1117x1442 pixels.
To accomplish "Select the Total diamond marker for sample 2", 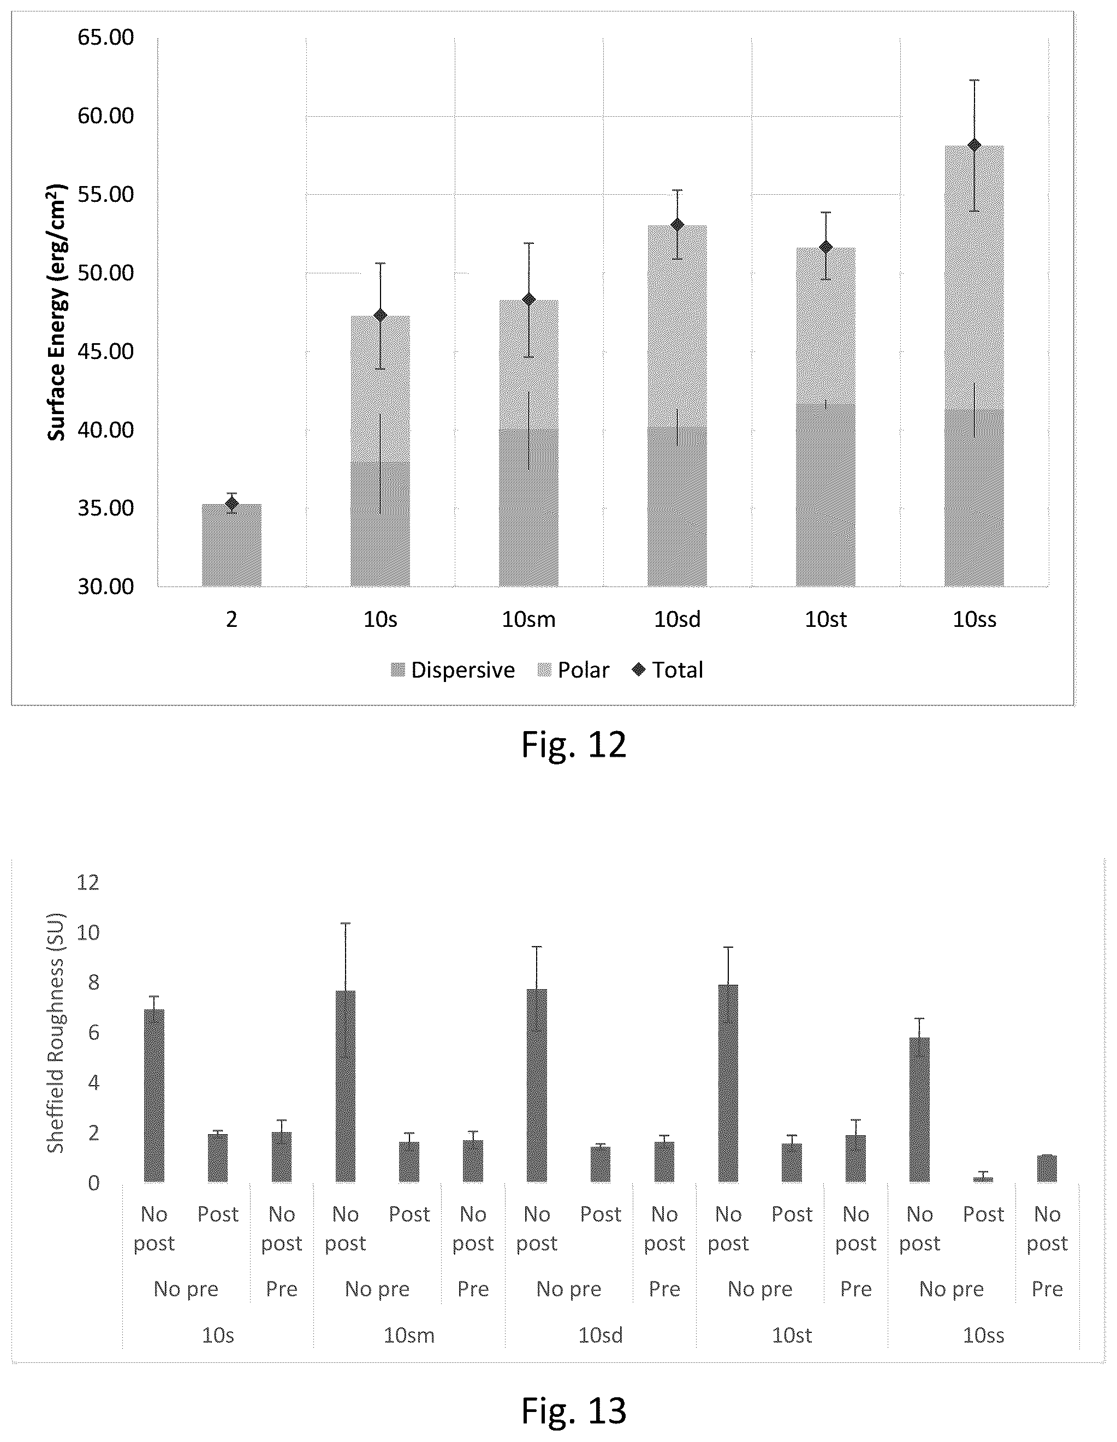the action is point(231,503).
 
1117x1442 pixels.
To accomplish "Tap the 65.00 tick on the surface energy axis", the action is point(106,38).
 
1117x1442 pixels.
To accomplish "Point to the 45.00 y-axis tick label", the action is point(106,351).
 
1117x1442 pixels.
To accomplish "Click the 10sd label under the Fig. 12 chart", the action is point(677,619).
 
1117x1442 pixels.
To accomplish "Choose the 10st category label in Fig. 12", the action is point(825,619).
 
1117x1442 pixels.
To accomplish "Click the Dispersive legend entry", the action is point(453,670).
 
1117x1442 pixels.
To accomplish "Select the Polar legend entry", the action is point(573,670).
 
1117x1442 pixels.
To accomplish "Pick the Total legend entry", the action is point(667,670).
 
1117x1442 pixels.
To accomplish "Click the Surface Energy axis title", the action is point(57,313).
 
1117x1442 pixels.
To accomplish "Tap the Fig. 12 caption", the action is point(573,745).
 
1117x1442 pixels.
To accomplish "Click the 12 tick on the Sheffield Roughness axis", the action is point(88,882).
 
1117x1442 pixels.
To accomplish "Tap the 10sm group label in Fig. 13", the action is point(409,1335).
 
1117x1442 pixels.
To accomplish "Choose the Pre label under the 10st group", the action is point(855,1289).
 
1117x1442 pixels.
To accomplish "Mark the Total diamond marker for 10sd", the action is point(677,224).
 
